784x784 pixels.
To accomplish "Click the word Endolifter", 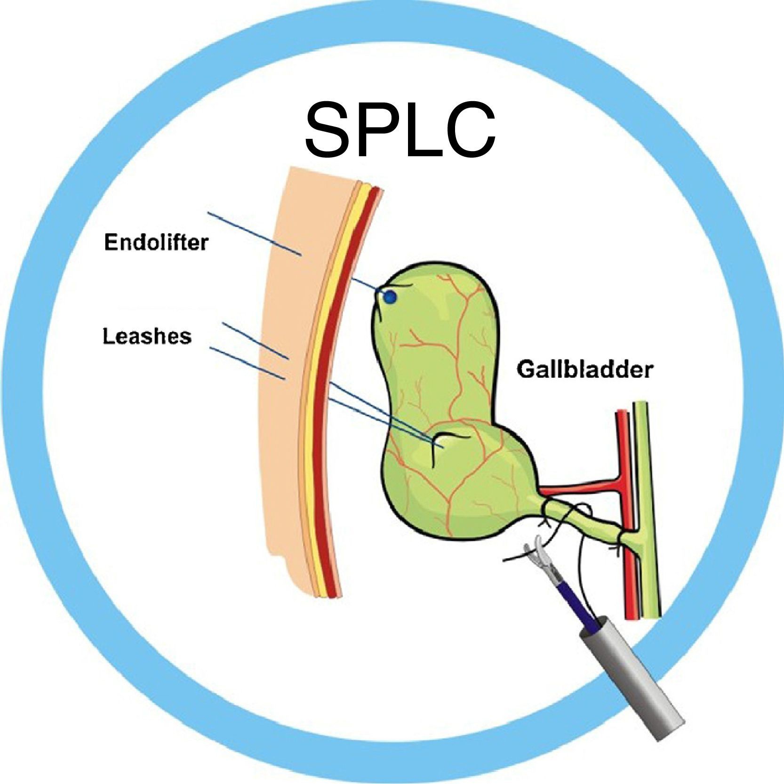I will [x=156, y=243].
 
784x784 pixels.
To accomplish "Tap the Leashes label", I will [x=147, y=336].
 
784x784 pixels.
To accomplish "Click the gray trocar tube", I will [x=631, y=668].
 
